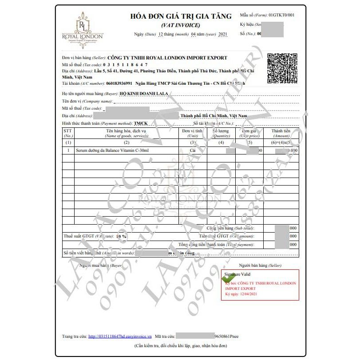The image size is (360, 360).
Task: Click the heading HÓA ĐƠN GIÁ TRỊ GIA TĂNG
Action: coord(181,16)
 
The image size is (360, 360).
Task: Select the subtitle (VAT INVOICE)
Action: coord(181,25)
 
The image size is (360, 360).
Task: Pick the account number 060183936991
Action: coord(119,83)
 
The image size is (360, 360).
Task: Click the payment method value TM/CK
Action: coord(141,123)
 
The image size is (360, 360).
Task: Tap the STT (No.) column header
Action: coord(68,133)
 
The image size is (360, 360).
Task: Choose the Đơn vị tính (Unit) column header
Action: coord(192,133)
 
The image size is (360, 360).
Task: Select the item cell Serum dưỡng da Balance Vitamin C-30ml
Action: coord(112,151)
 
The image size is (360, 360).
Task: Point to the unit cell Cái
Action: coord(193,151)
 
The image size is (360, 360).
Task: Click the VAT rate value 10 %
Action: coord(121,236)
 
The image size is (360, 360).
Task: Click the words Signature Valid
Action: coord(238,274)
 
